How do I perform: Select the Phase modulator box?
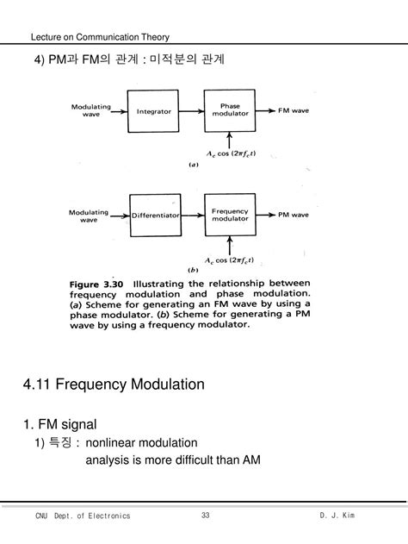coord(230,111)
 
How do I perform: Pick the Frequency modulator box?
coord(230,215)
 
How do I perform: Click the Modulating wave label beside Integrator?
coord(90,111)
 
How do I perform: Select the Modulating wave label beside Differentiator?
coord(90,215)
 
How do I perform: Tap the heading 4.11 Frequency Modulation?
coord(114,384)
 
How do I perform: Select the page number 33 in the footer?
coord(206,516)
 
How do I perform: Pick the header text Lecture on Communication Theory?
coord(100,37)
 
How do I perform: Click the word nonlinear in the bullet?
coord(114,442)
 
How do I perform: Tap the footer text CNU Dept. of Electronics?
coord(83,516)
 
